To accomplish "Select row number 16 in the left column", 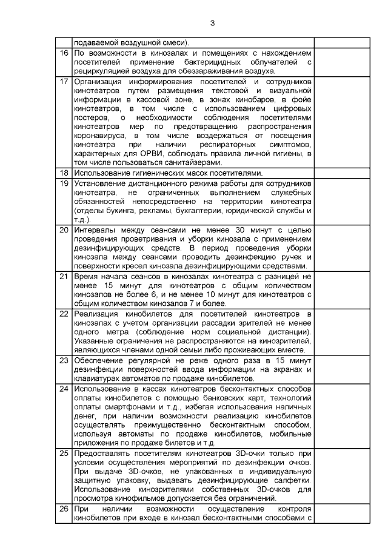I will tap(65, 53).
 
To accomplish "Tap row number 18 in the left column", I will tap(65, 173).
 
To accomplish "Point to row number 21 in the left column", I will tap(65, 277).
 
